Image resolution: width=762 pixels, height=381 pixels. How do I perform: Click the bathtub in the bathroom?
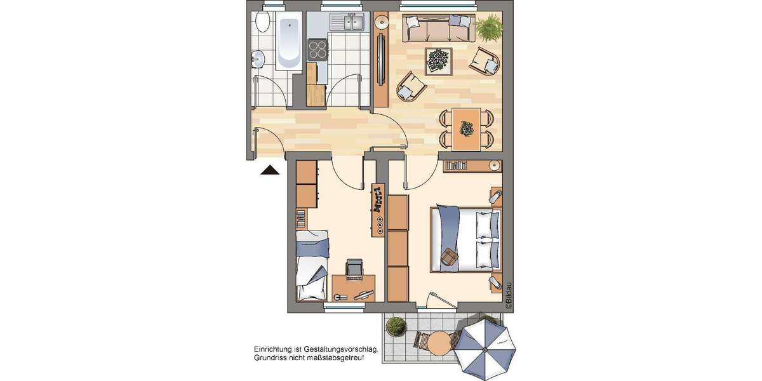pyautogui.click(x=289, y=42)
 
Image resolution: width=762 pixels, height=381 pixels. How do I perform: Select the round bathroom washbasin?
pyautogui.click(x=258, y=60)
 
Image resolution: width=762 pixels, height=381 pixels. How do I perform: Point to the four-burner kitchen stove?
pyautogui.click(x=317, y=48)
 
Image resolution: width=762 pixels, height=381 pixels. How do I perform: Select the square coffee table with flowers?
pyautogui.click(x=438, y=60)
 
